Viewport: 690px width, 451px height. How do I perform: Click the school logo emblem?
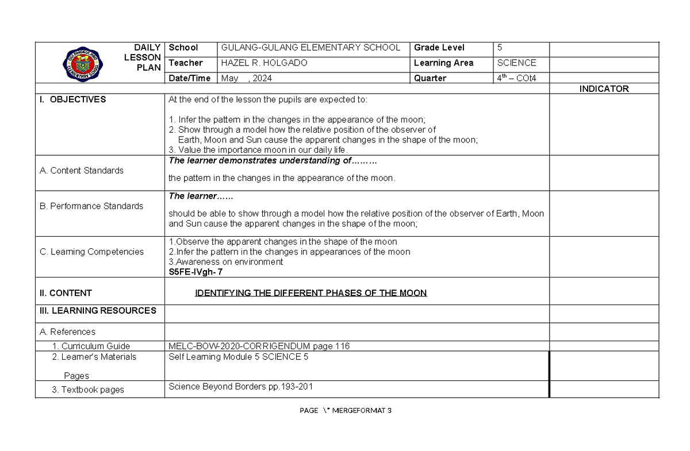(84, 63)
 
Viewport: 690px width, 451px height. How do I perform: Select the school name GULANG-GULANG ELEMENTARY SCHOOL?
(310, 48)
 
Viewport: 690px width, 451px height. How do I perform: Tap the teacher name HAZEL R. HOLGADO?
(264, 63)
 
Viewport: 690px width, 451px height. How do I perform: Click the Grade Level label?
(439, 48)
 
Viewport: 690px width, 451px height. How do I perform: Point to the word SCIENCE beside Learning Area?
(516, 63)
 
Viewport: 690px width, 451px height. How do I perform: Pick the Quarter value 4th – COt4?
(516, 78)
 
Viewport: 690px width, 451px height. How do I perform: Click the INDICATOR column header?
(604, 88)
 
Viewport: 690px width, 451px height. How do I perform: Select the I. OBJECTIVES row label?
(72, 99)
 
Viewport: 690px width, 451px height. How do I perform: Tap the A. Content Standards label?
(81, 170)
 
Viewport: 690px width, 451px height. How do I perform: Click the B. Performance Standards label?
(91, 206)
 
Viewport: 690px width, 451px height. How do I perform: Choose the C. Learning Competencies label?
(91, 252)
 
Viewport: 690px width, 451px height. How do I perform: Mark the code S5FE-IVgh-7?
(195, 272)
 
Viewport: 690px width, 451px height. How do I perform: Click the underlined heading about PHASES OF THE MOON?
(310, 293)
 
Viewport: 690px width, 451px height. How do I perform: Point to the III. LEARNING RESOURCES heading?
(98, 310)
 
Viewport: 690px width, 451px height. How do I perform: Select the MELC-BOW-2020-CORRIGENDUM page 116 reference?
(259, 346)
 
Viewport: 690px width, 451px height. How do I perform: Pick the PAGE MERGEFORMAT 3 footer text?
(346, 410)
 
